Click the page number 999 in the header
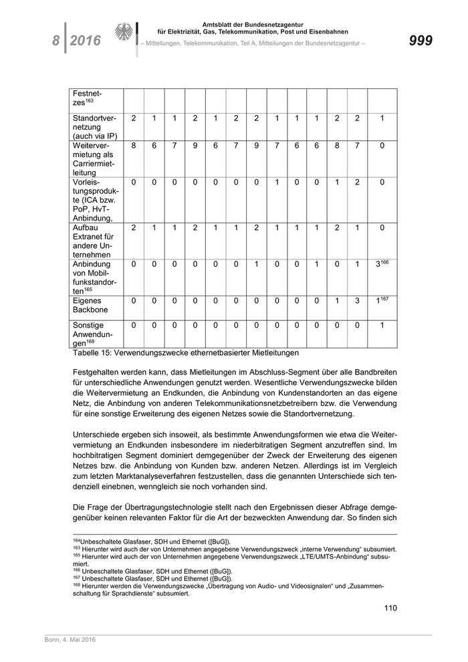pos(420,41)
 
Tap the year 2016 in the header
pos(86,41)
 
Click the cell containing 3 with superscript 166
pos(382,264)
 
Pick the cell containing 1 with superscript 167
pos(382,301)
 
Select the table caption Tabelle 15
pos(185,352)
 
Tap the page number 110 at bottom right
pos(390,607)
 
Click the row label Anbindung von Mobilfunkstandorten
pos(93,278)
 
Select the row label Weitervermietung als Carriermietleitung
pos(93,159)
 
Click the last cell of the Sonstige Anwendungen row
pos(382,326)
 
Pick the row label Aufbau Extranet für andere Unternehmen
pos(93,241)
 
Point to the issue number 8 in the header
pos(56,41)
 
